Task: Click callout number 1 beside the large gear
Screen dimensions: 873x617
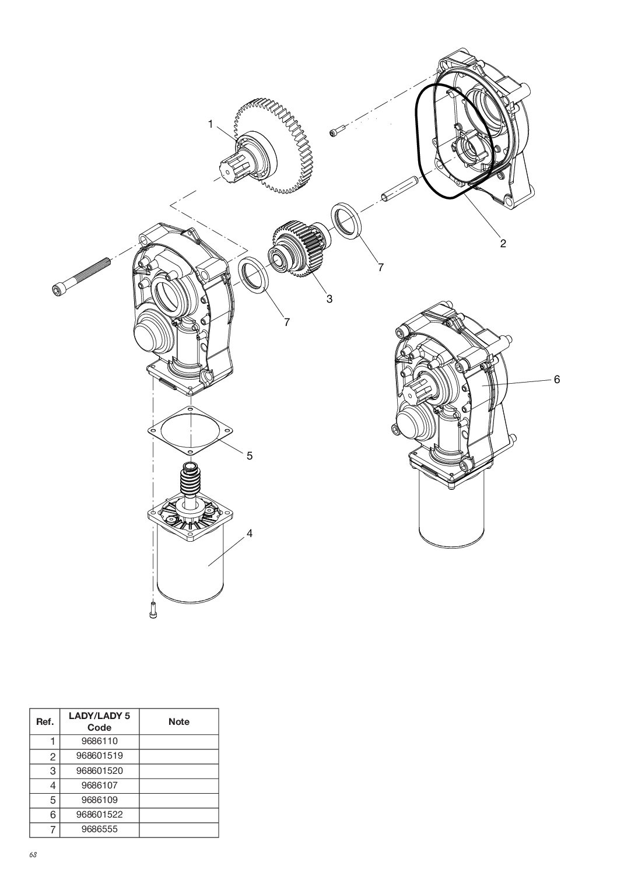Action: coord(211,124)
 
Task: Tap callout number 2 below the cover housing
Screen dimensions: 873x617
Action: coord(502,243)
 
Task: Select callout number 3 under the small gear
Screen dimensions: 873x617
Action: coord(329,299)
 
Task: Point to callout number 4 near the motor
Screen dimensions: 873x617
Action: coord(249,533)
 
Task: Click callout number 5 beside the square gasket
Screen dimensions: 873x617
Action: coord(249,456)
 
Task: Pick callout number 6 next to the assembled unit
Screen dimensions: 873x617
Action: coord(556,379)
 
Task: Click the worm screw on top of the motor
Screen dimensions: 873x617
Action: coord(191,481)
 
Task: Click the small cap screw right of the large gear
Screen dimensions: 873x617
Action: coord(338,131)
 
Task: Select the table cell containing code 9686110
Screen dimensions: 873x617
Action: coord(99,741)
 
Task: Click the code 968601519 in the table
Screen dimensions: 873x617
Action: coord(99,756)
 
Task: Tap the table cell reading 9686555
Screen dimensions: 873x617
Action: coord(99,829)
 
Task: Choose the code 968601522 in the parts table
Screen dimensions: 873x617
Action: coord(99,814)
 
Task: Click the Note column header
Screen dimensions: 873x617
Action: coord(178,721)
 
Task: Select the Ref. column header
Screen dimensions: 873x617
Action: coord(45,721)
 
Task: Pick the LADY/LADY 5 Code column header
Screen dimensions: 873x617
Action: coord(99,721)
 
